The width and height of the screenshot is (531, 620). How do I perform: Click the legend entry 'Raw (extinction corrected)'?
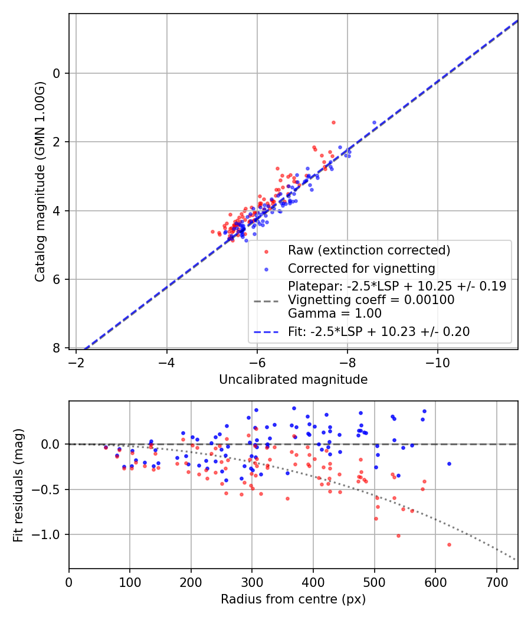369,250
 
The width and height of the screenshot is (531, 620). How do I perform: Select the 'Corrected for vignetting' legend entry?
361,269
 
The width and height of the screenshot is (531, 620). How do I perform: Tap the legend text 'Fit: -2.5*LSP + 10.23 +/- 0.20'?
379,332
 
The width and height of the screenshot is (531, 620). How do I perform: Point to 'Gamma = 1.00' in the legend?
330,313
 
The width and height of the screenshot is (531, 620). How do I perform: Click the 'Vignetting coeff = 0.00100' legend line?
371,300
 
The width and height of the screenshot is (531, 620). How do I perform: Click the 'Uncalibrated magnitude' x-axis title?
293,380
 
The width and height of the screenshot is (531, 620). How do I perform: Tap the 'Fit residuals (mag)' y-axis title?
18,485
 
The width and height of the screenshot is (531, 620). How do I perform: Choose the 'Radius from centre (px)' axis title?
293,599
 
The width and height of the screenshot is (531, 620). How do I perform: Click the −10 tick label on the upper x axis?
437,363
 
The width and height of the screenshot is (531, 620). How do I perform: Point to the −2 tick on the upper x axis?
76,363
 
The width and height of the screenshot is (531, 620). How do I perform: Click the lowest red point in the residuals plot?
449,544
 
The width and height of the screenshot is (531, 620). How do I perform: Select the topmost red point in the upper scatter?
333,122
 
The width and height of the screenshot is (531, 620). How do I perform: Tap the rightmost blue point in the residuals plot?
449,464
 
